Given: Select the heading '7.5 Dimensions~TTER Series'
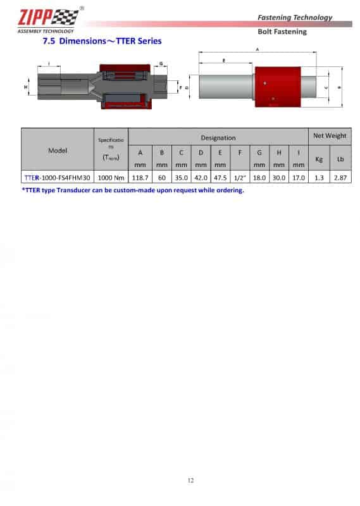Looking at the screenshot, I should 102,41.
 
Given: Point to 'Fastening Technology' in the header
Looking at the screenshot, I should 295,17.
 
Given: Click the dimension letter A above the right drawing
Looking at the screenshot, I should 257,49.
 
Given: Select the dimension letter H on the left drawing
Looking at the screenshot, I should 27,85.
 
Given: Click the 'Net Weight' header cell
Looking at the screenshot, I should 329,136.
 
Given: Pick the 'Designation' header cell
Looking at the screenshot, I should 218,137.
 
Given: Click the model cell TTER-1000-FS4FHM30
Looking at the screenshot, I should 58,178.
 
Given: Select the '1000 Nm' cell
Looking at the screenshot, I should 111,178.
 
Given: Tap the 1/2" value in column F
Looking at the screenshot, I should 240,178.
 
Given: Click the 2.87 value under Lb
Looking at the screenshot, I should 340,178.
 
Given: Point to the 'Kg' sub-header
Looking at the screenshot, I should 318,158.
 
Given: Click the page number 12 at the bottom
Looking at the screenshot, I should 190,481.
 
